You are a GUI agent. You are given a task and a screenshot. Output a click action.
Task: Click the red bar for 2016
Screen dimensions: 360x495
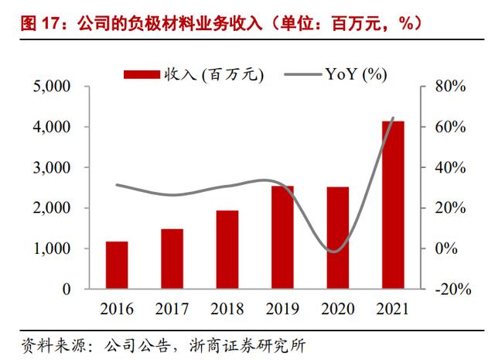[117, 265]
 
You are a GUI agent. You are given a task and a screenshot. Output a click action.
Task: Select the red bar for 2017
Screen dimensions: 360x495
[172, 259]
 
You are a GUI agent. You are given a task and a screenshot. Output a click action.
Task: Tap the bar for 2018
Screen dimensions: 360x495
[227, 249]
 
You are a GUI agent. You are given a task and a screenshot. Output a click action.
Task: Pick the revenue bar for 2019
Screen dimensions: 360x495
[282, 237]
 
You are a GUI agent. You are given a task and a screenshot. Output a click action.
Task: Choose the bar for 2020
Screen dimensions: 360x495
[337, 238]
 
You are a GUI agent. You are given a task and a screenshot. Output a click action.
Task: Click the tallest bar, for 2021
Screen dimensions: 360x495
[393, 204]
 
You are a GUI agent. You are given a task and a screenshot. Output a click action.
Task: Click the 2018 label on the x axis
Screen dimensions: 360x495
[227, 309]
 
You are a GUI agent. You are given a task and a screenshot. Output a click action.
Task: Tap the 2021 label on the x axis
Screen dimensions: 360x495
[393, 309]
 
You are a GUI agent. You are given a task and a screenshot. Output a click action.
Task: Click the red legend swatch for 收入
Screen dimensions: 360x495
[142, 74]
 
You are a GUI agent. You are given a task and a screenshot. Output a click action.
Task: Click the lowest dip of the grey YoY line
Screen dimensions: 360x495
[333, 251]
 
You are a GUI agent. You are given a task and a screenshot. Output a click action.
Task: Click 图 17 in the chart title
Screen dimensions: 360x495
[29, 24]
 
